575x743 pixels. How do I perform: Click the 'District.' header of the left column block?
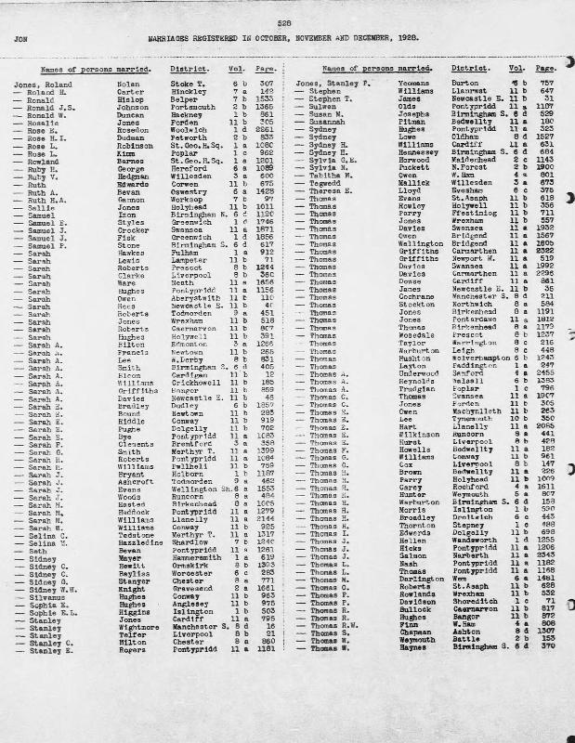[187, 70]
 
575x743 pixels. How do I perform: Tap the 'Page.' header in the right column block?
[543, 70]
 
